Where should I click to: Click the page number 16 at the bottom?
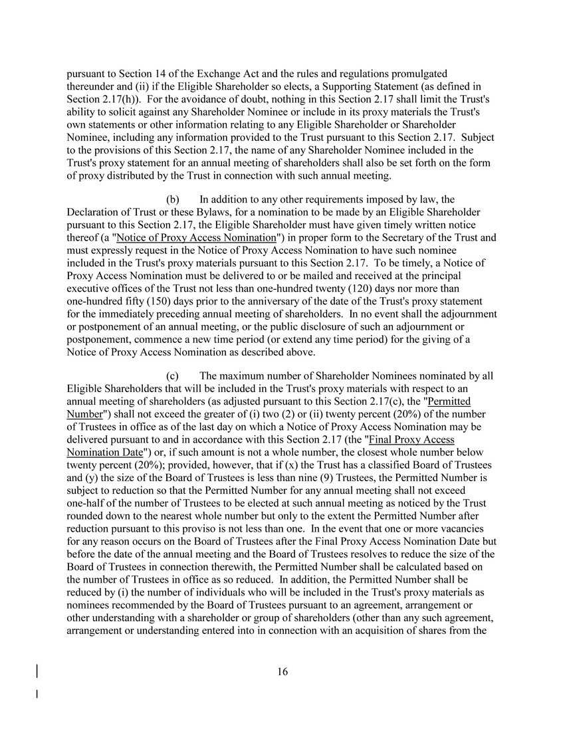tap(282, 672)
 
